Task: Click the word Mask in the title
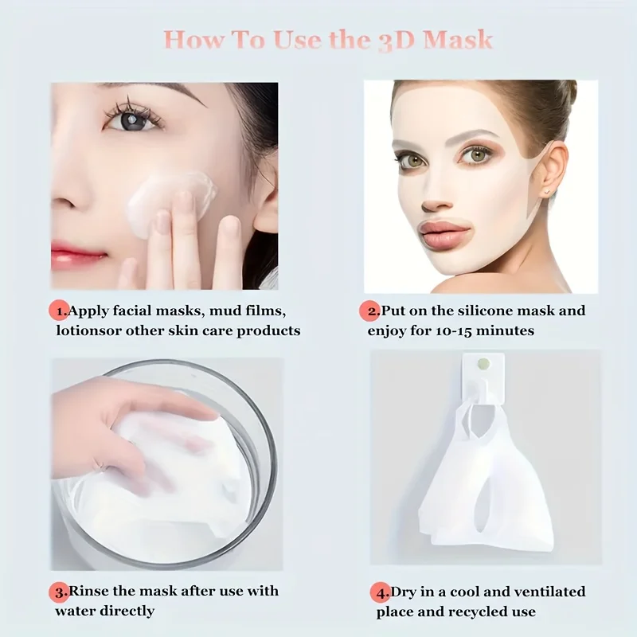(452, 39)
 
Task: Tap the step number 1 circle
(59, 310)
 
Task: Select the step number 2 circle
(372, 310)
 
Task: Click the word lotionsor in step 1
(88, 329)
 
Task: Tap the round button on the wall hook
(483, 363)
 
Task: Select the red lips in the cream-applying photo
(77, 257)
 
